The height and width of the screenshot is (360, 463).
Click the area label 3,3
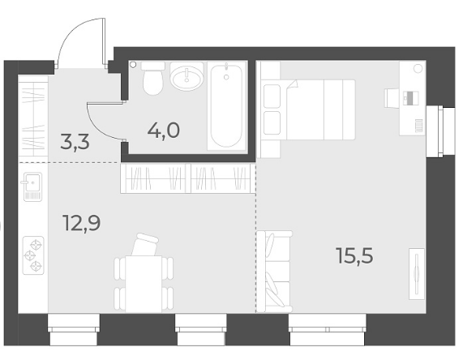click(x=75, y=142)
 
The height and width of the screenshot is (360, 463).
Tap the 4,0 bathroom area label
click(x=164, y=131)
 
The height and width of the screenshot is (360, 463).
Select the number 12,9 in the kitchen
click(x=82, y=223)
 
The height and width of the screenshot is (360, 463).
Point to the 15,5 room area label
click(x=354, y=255)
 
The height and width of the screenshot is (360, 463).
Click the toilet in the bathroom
click(x=152, y=78)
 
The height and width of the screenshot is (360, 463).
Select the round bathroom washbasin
click(x=187, y=77)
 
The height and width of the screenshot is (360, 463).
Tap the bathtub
click(x=226, y=105)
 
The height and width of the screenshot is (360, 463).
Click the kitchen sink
click(x=32, y=186)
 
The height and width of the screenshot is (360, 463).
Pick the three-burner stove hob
click(x=33, y=255)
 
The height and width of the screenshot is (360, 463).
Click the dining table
click(x=144, y=284)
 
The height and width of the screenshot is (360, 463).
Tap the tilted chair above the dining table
click(x=144, y=245)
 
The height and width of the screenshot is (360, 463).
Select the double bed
click(x=307, y=109)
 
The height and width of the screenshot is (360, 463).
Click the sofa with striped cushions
click(x=274, y=272)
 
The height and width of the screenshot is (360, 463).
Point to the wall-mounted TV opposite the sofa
click(x=417, y=274)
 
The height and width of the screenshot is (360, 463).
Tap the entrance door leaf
click(x=104, y=41)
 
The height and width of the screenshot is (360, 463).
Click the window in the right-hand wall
click(x=441, y=131)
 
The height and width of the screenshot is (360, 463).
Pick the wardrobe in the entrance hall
click(x=33, y=115)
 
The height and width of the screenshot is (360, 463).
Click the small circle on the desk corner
click(x=418, y=69)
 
